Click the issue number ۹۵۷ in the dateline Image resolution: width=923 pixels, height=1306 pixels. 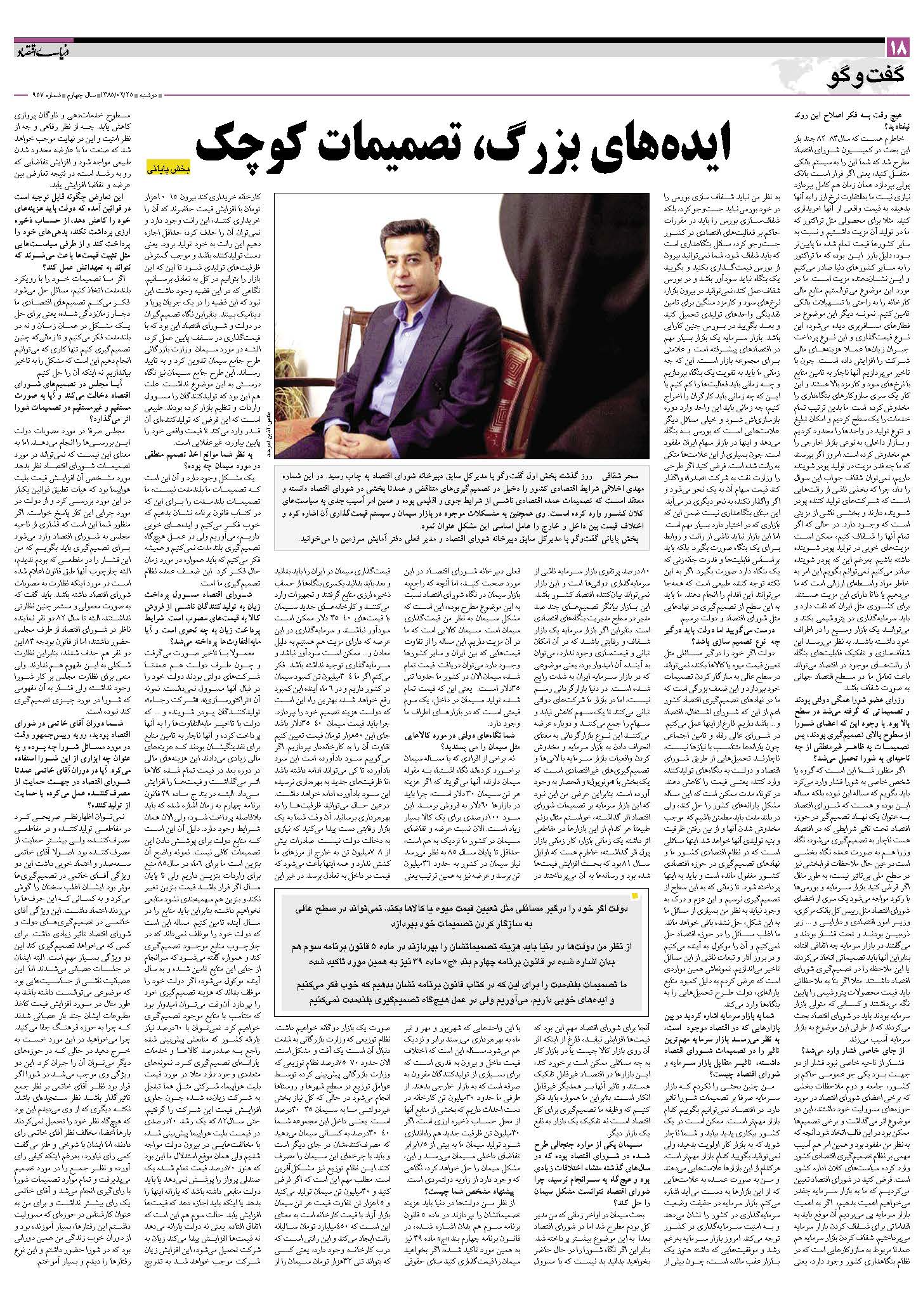24,96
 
